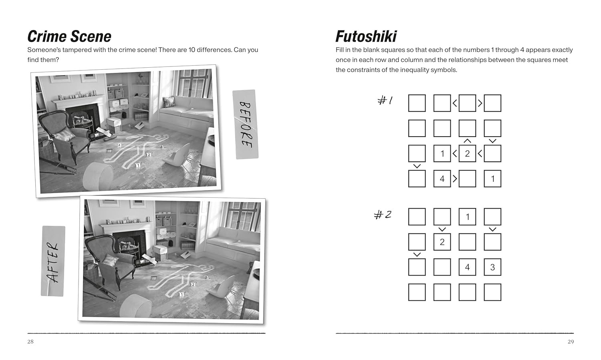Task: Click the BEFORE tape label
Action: [x=246, y=125]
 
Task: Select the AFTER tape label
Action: [x=53, y=261]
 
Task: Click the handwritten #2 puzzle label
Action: [x=383, y=215]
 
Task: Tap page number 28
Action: [x=30, y=342]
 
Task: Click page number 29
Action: [x=571, y=342]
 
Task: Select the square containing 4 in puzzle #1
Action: [x=442, y=179]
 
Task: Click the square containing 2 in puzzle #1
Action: [x=468, y=153]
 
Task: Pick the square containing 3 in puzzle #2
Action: [x=492, y=267]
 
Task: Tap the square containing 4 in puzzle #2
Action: [x=468, y=267]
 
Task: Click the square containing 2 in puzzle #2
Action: [x=442, y=242]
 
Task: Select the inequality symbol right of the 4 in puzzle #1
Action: [x=455, y=179]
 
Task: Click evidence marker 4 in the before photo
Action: [x=119, y=145]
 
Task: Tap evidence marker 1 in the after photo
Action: [x=182, y=294]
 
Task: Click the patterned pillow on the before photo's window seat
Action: [x=169, y=102]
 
